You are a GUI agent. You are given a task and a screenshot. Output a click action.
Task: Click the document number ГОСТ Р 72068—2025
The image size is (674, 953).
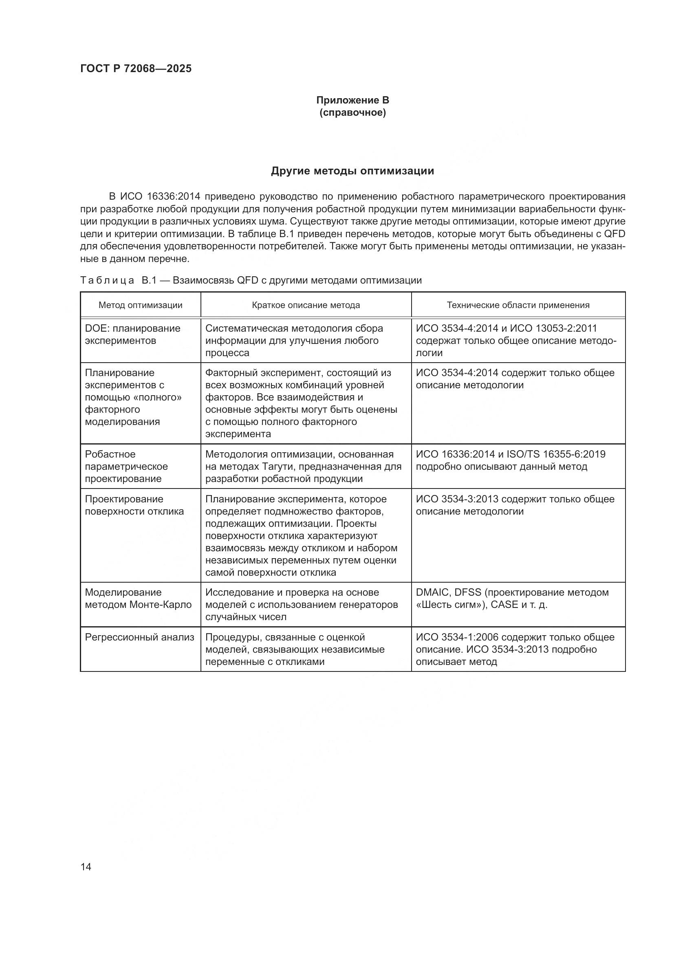(x=136, y=68)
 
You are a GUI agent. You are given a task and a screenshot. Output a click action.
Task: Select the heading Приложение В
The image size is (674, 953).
(x=352, y=100)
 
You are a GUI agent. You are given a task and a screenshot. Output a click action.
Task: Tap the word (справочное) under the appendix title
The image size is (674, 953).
(x=352, y=112)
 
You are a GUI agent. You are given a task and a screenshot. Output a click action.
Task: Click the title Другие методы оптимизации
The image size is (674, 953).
(x=352, y=171)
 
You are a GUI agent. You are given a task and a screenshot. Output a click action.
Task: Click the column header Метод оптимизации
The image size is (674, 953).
(x=140, y=305)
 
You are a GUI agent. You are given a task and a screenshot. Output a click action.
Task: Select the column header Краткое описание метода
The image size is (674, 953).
(x=306, y=305)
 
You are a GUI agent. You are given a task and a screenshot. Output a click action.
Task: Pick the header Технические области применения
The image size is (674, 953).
(x=518, y=305)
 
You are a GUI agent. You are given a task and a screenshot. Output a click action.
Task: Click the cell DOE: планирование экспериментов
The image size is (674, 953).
(x=132, y=335)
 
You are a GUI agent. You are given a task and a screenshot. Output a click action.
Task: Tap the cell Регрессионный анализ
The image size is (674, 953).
(x=139, y=637)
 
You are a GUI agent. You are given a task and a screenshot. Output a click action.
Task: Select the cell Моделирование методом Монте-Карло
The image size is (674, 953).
(x=138, y=598)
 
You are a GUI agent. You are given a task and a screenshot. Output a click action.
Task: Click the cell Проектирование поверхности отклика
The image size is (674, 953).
(x=134, y=505)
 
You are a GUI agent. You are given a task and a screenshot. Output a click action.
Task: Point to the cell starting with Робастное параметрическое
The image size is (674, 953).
(x=126, y=466)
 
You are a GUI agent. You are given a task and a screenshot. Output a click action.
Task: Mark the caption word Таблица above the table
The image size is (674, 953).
(x=107, y=281)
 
